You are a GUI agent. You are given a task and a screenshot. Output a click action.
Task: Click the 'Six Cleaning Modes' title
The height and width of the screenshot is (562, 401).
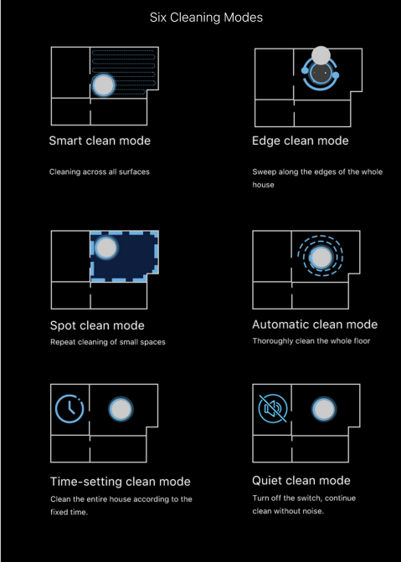[206, 18]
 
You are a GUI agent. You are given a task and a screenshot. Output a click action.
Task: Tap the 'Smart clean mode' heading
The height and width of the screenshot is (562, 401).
[100, 140]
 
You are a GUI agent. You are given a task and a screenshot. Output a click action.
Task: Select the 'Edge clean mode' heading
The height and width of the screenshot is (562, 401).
[301, 140]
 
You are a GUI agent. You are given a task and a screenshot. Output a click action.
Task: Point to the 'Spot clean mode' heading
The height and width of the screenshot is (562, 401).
[97, 325]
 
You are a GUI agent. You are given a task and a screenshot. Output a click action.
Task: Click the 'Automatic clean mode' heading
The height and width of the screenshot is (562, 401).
[315, 324]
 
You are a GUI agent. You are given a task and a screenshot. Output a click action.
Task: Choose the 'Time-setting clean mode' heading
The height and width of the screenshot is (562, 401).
[121, 482]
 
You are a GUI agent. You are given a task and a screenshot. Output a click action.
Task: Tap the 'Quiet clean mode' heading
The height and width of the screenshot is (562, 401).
[301, 481]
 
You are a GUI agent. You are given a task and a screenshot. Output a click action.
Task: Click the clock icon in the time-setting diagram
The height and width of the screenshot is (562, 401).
[69, 409]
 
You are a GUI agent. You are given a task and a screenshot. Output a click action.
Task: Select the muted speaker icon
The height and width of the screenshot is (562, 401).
[273, 409]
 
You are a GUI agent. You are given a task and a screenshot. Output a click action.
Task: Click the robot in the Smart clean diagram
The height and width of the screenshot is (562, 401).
[104, 85]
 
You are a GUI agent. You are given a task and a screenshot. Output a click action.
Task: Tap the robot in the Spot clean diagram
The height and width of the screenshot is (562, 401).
[106, 248]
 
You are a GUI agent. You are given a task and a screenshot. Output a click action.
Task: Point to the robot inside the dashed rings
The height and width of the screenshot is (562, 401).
[321, 258]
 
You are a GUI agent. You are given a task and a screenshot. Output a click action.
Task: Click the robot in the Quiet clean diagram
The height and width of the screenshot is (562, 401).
[324, 409]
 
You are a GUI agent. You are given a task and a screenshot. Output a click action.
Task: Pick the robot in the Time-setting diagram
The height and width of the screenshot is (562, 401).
[121, 409]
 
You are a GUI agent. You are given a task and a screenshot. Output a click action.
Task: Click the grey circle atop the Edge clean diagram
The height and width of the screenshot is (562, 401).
[321, 55]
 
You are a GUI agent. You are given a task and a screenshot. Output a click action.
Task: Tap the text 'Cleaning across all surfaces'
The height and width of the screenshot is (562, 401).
[100, 172]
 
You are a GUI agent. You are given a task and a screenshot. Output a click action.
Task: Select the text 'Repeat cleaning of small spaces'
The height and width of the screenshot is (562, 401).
[108, 342]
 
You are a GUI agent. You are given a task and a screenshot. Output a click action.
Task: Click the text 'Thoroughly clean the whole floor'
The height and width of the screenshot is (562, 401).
[311, 341]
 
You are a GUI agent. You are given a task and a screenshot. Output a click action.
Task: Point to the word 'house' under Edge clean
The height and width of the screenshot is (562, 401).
[263, 185]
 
